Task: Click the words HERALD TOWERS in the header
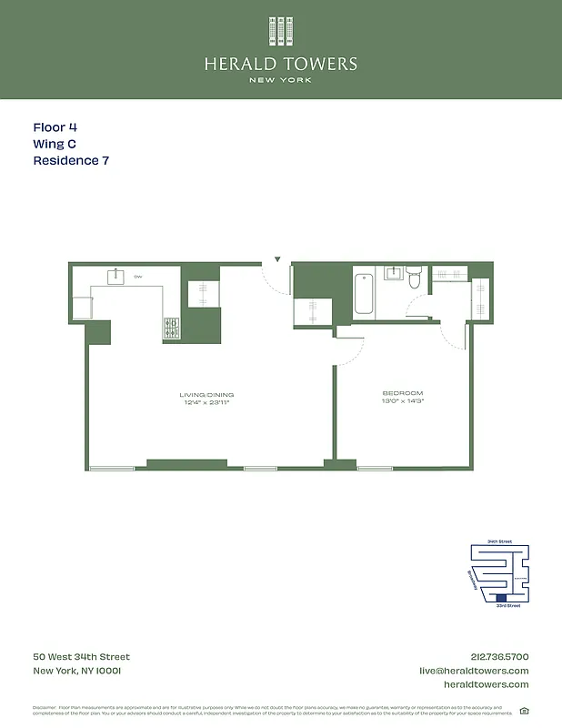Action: coord(281,64)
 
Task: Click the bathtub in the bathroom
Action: coord(364,290)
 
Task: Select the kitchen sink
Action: coord(117,276)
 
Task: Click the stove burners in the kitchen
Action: coord(171,328)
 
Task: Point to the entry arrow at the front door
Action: coord(278,260)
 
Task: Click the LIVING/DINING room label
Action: coord(206,395)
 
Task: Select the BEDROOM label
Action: coord(403,393)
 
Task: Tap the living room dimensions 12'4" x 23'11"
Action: coord(206,402)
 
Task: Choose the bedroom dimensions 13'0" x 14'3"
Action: coord(403,401)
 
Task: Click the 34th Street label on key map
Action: coord(499,541)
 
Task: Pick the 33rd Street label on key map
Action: coord(507,605)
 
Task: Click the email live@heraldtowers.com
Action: coord(474,671)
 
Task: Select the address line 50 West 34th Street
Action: coord(82,656)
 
